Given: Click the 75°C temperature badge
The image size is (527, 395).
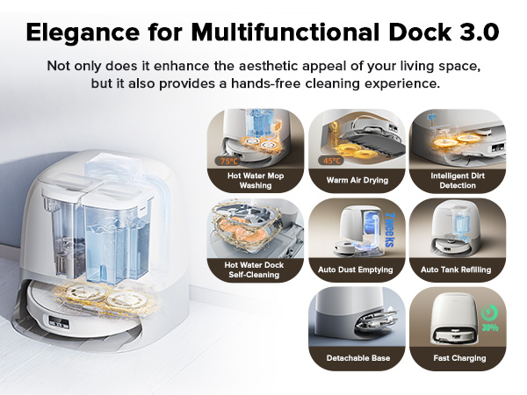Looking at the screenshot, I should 228,161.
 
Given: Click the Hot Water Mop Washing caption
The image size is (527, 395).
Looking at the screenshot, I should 255,180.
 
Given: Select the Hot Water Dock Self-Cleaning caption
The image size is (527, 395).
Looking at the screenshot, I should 255,269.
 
